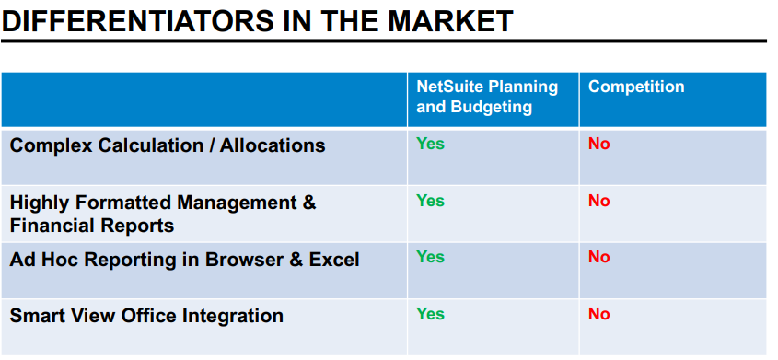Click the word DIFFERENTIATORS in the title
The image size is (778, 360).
(x=138, y=21)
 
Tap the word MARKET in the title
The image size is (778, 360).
(x=450, y=21)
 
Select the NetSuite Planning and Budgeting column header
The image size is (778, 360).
(x=487, y=96)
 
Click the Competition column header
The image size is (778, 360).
(x=636, y=87)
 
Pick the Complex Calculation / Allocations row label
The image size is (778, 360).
(x=168, y=145)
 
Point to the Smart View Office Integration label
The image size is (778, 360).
(x=146, y=316)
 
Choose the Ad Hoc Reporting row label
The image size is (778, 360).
(x=184, y=260)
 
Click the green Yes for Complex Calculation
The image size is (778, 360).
(x=430, y=144)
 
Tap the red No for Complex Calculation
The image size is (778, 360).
(x=598, y=144)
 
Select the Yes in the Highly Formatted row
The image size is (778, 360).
(x=430, y=201)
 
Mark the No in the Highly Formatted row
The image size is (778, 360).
(x=598, y=201)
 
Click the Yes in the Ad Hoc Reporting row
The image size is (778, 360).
(x=430, y=257)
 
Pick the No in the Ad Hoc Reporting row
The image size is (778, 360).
(x=598, y=257)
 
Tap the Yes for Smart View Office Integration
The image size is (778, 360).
(x=430, y=314)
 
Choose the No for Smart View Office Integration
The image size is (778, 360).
(x=598, y=314)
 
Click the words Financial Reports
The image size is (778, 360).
(x=92, y=226)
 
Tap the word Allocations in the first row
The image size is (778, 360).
(x=273, y=145)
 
